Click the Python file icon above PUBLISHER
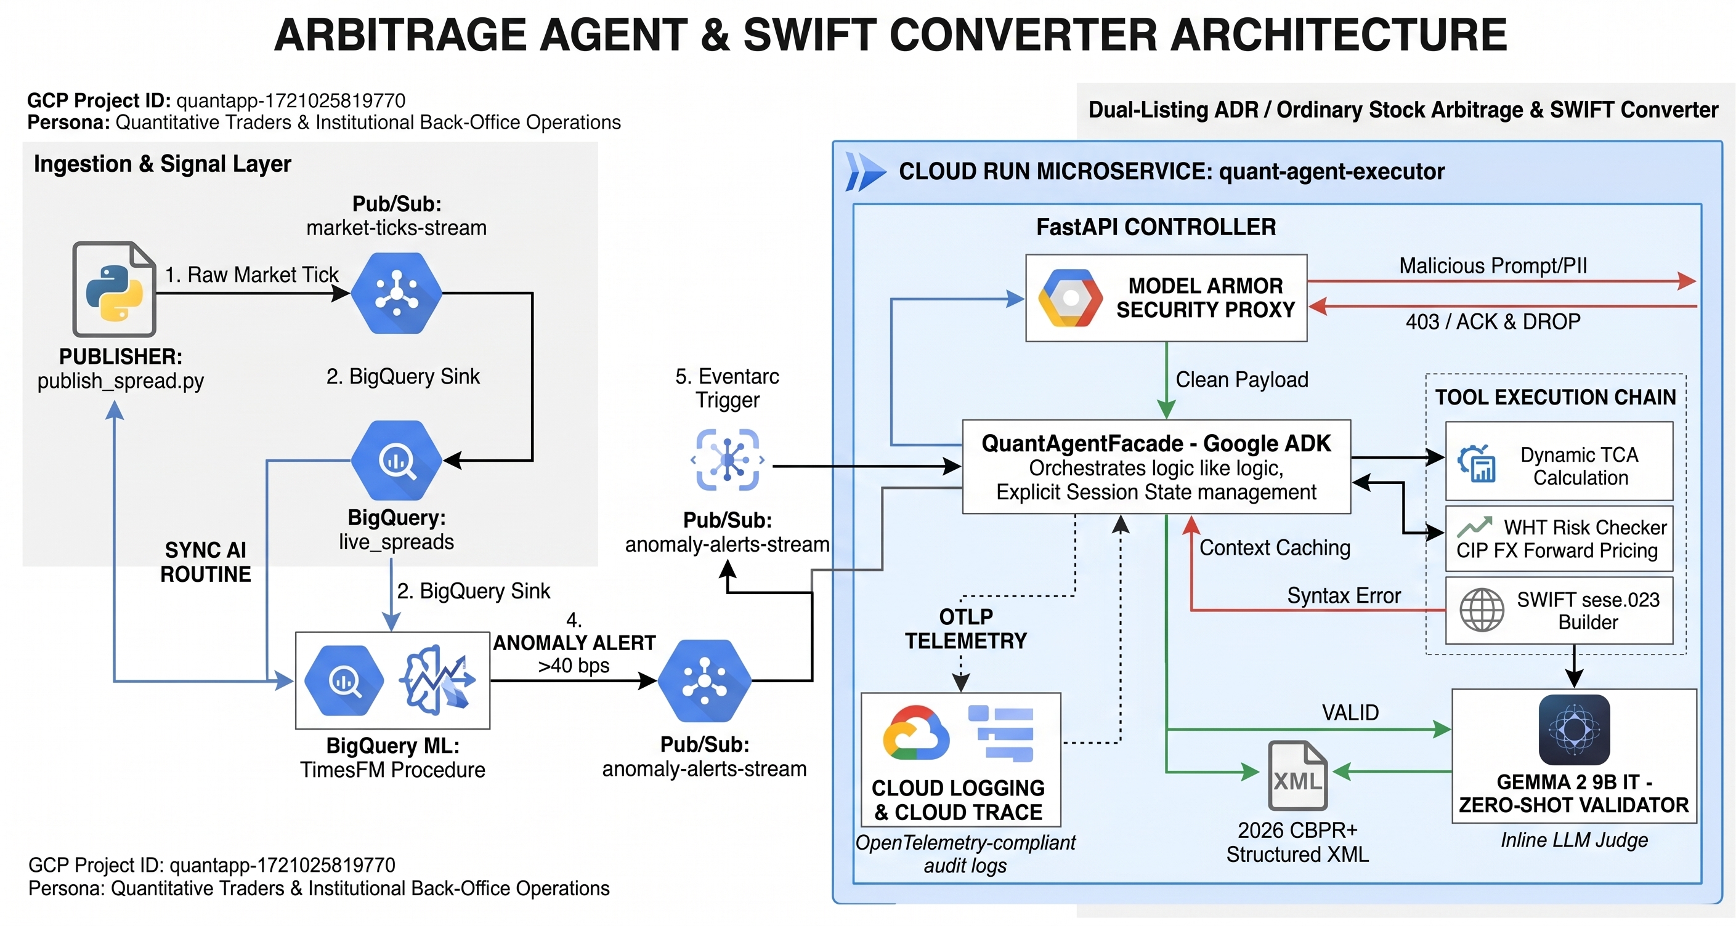click(114, 289)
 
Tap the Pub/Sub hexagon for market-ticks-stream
click(396, 293)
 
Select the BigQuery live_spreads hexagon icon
click(396, 461)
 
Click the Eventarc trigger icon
click(728, 460)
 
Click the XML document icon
click(1297, 775)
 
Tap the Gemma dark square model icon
click(1574, 730)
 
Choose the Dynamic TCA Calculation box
click(1559, 461)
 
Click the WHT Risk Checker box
click(1559, 539)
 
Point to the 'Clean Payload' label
click(1241, 380)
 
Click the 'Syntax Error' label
click(1344, 595)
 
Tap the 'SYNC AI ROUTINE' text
click(206, 562)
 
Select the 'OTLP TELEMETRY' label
click(966, 629)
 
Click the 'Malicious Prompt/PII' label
click(1493, 265)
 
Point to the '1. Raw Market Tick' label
click(251, 275)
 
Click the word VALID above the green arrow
click(1350, 712)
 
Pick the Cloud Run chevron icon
click(866, 172)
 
